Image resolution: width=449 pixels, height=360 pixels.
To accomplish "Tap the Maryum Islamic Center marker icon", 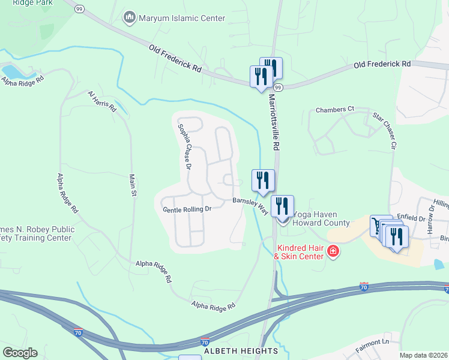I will (x=130, y=18).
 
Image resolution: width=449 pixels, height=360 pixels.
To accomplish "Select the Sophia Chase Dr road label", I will (x=184, y=147).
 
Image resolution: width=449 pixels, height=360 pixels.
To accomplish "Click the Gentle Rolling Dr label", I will (x=187, y=209).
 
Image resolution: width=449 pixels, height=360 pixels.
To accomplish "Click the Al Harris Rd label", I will (x=101, y=99).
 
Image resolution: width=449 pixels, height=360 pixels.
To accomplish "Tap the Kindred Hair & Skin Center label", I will (x=298, y=252).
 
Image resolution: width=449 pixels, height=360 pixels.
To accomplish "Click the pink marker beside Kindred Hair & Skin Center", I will (x=333, y=252).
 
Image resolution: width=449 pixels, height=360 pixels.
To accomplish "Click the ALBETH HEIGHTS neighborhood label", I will (x=241, y=350).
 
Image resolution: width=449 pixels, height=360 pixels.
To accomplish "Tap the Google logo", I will (x=20, y=353).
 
